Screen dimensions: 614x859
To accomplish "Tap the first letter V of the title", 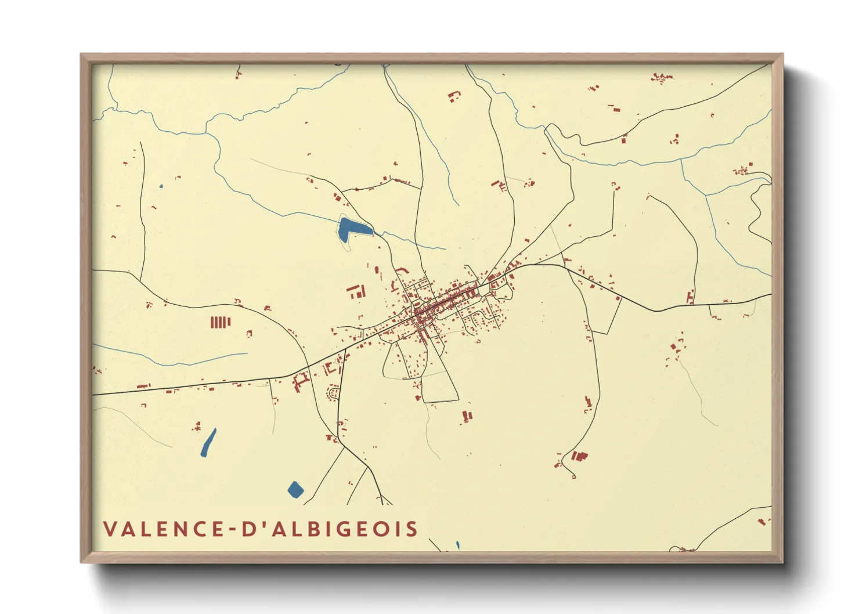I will tap(110, 529).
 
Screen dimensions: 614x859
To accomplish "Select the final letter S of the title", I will tap(412, 529).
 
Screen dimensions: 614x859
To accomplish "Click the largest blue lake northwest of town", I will tap(351, 227).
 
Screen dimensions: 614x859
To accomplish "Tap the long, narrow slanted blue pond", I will tap(208, 443).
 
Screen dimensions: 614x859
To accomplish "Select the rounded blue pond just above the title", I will tap(295, 490).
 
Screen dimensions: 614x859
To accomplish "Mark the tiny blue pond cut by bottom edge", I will tap(457, 545).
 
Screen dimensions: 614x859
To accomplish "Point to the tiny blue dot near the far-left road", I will tap(161, 186).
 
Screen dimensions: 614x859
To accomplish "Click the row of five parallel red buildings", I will tap(220, 322).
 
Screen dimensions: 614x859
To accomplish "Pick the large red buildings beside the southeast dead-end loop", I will tap(579, 456).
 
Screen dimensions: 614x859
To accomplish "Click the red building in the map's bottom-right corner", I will tap(762, 522).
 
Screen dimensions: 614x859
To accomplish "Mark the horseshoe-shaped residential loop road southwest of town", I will tap(334, 395).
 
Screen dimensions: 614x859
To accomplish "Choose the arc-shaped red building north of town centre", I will tap(402, 270).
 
